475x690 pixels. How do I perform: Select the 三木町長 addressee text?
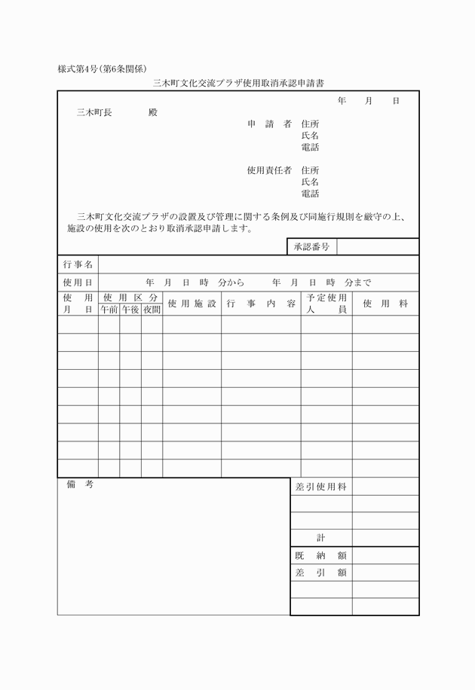point(94,112)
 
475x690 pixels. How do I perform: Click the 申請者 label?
point(269,124)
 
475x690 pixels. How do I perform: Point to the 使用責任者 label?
point(269,170)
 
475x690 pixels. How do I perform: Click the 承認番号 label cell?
point(311,247)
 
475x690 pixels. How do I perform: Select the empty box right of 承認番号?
point(378,247)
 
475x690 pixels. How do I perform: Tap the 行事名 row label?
point(78,264)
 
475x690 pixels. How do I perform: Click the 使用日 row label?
point(78,282)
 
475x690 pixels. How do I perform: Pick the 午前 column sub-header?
point(109,309)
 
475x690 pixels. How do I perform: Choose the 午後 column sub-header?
point(130,309)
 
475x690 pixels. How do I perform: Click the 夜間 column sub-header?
point(152,309)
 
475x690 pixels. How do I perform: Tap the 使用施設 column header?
point(192,304)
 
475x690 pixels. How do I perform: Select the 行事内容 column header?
point(261,304)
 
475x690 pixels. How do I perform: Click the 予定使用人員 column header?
point(326,304)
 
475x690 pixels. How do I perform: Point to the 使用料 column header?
point(385,304)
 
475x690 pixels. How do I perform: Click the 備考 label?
point(79,485)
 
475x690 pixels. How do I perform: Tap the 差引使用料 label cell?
point(320,487)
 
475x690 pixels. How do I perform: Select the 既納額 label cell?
point(320,555)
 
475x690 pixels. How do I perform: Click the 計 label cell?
point(320,538)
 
